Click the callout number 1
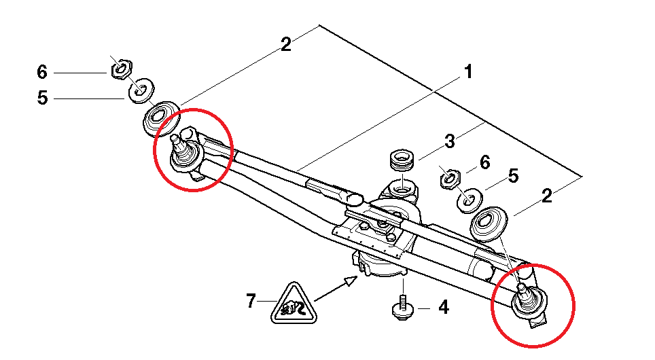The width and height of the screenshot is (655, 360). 467,71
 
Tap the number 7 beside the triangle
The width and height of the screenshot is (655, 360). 251,300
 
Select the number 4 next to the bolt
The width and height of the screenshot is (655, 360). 443,308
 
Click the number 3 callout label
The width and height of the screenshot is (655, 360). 449,142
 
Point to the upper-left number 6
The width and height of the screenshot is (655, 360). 42,71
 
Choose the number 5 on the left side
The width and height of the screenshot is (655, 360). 42,98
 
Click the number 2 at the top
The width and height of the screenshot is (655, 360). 285,45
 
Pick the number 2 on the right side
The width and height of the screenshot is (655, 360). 546,198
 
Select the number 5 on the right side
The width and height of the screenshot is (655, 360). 513,176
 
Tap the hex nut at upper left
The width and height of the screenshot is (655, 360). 122,68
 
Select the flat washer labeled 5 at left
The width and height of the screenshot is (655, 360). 142,90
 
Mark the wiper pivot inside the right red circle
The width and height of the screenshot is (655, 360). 527,298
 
